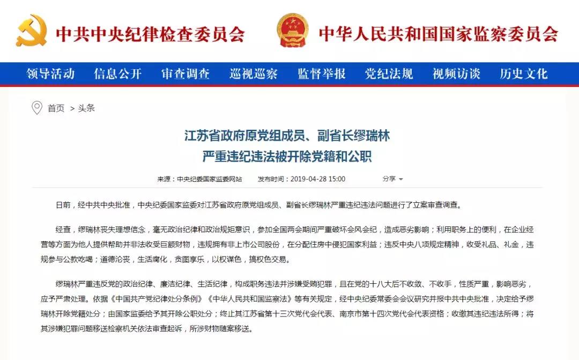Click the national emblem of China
coord(293,31)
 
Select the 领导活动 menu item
coord(50,74)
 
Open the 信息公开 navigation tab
coord(118,74)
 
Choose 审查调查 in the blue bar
coord(185,74)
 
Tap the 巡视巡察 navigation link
coord(254,74)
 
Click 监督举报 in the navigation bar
coord(322,74)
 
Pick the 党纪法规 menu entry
coord(389,74)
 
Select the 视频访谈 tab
coord(457,74)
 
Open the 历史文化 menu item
coord(524,74)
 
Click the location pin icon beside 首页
coord(37,108)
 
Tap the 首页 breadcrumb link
coord(56,108)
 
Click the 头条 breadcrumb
coord(86,108)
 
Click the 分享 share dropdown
coord(392,179)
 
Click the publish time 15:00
coord(337,179)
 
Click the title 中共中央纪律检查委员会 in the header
coord(151,33)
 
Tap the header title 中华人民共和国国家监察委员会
coord(439,33)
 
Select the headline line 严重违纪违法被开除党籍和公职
coord(287,157)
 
